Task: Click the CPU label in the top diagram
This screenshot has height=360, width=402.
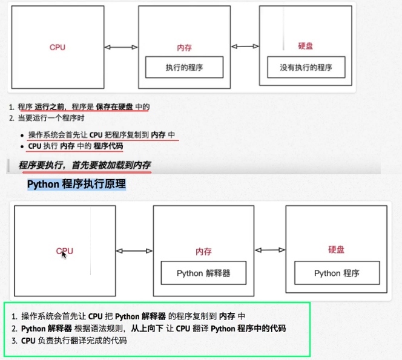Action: [x=58, y=47]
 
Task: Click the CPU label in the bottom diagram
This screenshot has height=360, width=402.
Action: [x=65, y=250]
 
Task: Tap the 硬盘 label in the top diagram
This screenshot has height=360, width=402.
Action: [x=306, y=46]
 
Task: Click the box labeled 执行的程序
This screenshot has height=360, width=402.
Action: [x=185, y=67]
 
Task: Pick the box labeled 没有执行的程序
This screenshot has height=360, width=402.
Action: [x=306, y=67]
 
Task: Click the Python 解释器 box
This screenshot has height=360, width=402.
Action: [x=203, y=273]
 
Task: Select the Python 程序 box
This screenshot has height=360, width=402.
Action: [x=337, y=273]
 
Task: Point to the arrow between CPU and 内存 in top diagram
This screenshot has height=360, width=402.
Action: [x=121, y=47]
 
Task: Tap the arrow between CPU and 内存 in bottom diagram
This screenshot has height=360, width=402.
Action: [x=134, y=250]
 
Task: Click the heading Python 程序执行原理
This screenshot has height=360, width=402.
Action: [x=76, y=183]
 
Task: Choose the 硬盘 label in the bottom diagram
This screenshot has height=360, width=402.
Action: [x=336, y=249]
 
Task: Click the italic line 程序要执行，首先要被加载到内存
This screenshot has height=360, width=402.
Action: [x=85, y=165]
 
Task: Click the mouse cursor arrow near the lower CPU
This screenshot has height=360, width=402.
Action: [x=64, y=255]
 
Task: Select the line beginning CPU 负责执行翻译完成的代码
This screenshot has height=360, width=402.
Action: [x=74, y=341]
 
